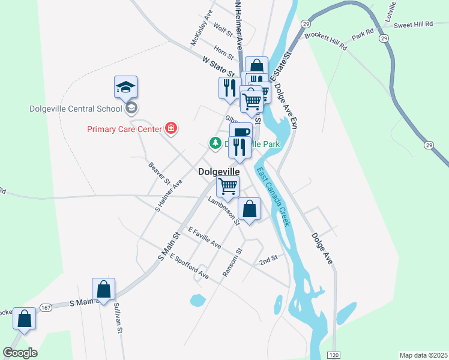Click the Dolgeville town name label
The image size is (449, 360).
[223, 171]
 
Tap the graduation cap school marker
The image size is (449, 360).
[125, 88]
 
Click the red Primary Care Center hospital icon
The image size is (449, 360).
[171, 128]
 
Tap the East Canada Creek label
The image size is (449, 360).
[274, 196]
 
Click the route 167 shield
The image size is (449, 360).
[46, 307]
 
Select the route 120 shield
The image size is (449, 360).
[334, 355]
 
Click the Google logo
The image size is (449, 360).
[20, 353]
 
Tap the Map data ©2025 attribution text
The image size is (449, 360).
[423, 355]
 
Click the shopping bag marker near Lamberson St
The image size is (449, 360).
[250, 209]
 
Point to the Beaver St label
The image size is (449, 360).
[160, 173]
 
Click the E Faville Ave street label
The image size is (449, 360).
[204, 238]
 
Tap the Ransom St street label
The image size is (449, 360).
[232, 262]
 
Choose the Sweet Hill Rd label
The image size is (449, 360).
[412, 24]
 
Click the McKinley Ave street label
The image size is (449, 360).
[202, 28]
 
